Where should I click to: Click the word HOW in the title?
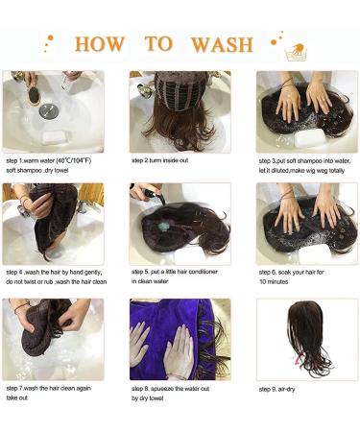(100, 44)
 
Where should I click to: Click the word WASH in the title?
(222, 44)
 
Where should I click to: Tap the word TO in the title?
(158, 44)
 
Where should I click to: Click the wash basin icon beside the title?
(296, 52)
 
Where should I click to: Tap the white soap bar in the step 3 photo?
(310, 138)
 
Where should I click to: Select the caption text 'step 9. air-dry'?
(277, 390)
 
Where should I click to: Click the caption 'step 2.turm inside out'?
(159, 160)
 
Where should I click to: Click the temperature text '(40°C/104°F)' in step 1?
(74, 160)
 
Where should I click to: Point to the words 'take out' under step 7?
(16, 398)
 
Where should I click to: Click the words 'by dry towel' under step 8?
(147, 398)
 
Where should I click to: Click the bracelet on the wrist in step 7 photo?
(21, 307)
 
